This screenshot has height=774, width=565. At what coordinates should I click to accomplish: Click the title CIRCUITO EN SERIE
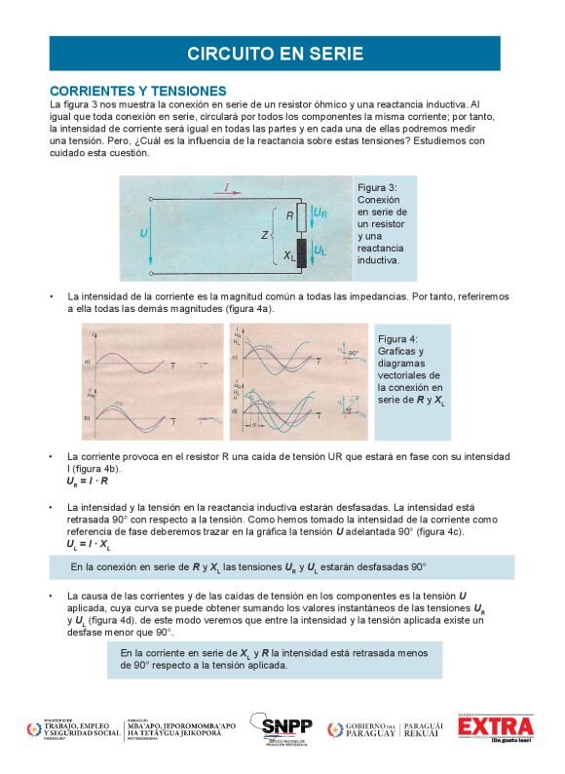click(x=276, y=54)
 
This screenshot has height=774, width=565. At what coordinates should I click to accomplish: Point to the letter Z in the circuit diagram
click(x=265, y=235)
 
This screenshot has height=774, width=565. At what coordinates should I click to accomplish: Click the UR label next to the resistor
click(x=320, y=213)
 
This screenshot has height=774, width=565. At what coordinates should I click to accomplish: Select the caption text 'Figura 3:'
click(x=377, y=187)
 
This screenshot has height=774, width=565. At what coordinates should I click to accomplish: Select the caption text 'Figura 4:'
click(x=397, y=337)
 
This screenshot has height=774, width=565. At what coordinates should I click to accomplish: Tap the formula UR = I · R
click(x=87, y=482)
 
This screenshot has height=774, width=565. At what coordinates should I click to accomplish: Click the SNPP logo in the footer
click(x=281, y=728)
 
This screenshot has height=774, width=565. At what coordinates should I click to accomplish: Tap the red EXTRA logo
click(x=497, y=727)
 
